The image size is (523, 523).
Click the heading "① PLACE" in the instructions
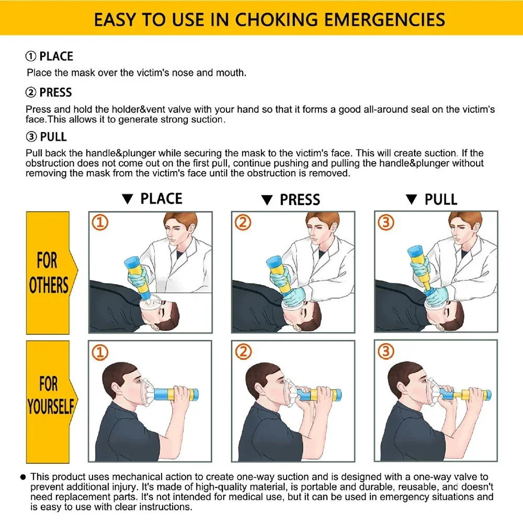point(50,56)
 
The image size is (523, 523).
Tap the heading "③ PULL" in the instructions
point(47,137)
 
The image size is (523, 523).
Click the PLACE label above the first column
point(161,199)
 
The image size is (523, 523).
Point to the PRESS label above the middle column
point(300,200)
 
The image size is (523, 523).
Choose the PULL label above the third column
point(440,200)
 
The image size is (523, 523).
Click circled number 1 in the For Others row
point(100,223)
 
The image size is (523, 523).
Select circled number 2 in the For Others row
point(243,223)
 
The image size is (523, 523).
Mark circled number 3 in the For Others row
point(386,223)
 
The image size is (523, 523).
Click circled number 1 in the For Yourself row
point(100,353)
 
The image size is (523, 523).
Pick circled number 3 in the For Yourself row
point(386,353)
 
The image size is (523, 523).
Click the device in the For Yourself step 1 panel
point(173,393)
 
